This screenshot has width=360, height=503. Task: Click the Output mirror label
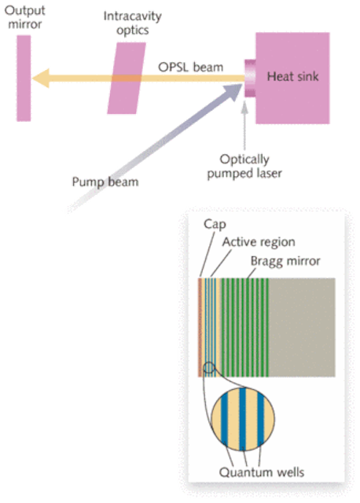coord(24,17)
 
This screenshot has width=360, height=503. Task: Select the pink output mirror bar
coord(24,79)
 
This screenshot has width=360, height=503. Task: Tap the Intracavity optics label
coord(133,23)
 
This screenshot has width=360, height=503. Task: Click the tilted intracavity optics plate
coord(127,79)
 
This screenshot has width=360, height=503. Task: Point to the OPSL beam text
coord(190,68)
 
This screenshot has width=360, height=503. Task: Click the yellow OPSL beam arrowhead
coord(41,78)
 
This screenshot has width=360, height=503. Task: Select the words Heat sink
coord(292,76)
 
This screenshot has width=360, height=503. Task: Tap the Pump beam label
coord(105,182)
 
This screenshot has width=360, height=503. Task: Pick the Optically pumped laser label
coord(244,166)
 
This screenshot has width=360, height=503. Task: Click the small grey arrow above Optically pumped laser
coord(244,126)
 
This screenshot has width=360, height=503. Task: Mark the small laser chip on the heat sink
coord(250,78)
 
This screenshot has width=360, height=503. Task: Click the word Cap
coord(215,224)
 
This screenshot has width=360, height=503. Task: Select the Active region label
coord(259,242)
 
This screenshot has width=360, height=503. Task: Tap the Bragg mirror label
coord(285,261)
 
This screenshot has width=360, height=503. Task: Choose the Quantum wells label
coord(262,472)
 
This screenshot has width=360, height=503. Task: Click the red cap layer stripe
coord(200,327)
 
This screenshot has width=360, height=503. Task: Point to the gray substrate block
coord(302,327)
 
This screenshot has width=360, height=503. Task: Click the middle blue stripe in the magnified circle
coord(243,419)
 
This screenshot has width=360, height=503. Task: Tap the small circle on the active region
coord(209,368)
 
